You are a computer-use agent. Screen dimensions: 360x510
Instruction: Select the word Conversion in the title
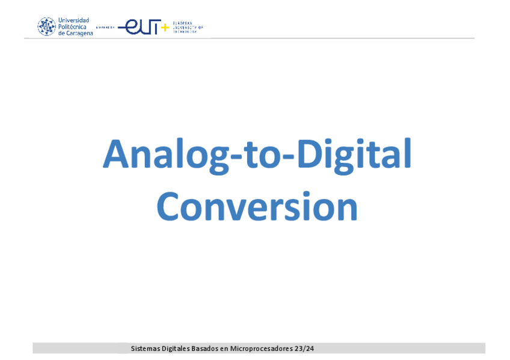pyautogui.click(x=257, y=207)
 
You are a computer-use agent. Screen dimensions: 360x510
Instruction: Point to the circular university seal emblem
pyautogui.click(x=46, y=26)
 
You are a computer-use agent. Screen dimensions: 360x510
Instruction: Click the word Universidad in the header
pyautogui.click(x=73, y=20)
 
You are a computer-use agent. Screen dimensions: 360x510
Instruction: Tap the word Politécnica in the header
pyautogui.click(x=72, y=26)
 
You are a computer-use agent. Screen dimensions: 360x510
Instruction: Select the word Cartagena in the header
pyautogui.click(x=79, y=33)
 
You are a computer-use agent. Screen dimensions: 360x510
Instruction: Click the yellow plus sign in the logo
pyautogui.click(x=165, y=28)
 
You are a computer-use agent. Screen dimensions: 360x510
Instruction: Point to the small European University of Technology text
pyautogui.click(x=187, y=27)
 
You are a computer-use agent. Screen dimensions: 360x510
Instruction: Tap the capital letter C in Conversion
pyautogui.click(x=169, y=207)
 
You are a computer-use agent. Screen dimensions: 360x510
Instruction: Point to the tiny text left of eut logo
pyautogui.click(x=105, y=28)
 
